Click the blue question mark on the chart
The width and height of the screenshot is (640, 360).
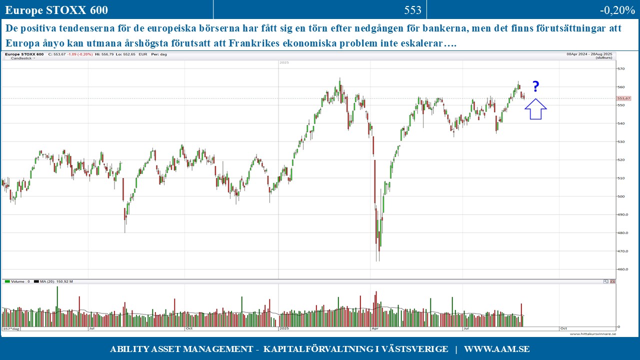coord(535,87)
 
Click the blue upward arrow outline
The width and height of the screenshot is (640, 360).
coord(536,108)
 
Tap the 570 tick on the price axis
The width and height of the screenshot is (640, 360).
coord(621,69)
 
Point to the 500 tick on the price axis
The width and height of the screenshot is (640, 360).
coord(621,196)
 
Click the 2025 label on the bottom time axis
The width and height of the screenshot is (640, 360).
coord(284,329)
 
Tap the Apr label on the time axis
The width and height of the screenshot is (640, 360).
coord(375,329)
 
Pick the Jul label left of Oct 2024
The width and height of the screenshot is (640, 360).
coord(91,329)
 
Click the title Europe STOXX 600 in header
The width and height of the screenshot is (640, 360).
coord(56,10)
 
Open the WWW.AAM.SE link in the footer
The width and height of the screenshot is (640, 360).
coord(496,349)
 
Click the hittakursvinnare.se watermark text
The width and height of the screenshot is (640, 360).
coord(592,334)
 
